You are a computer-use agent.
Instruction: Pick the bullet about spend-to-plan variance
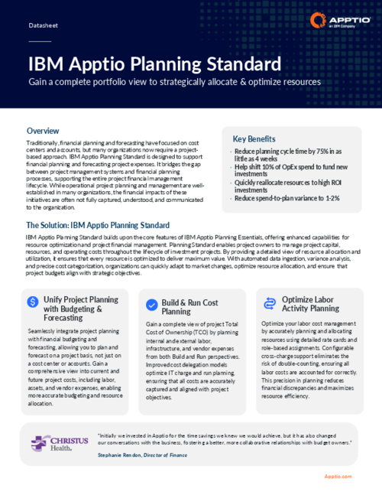tap(285, 199)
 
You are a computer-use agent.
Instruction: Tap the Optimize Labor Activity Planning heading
tap(310, 303)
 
